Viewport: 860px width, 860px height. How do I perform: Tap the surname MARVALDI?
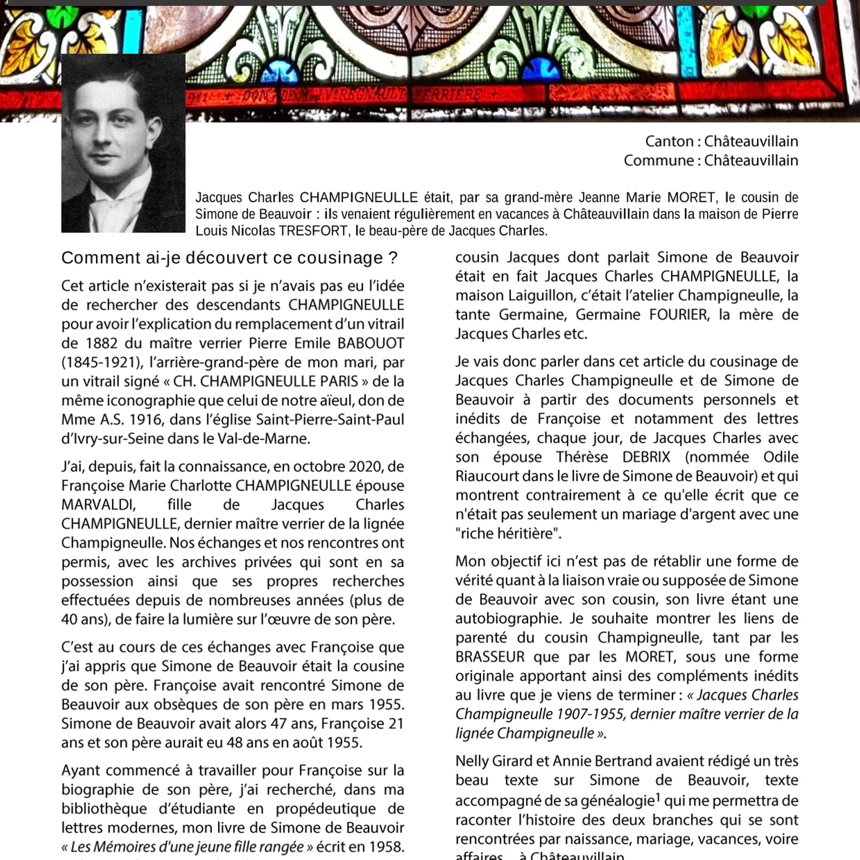[98, 504]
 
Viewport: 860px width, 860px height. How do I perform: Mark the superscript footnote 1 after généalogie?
[658, 798]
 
